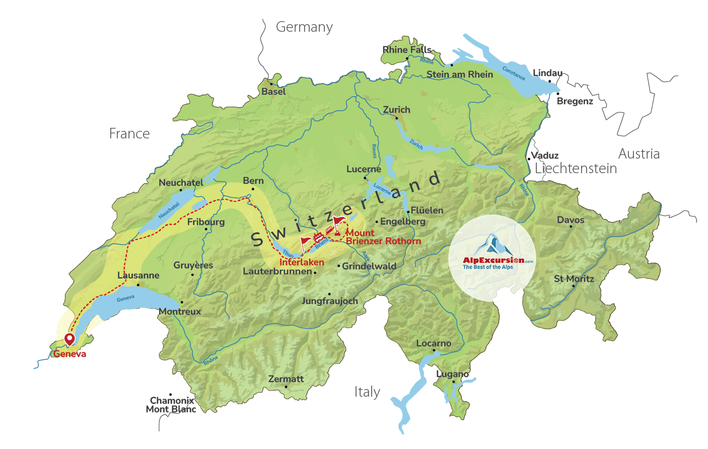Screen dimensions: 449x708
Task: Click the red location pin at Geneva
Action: tap(69, 339)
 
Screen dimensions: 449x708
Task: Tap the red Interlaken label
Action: tap(302, 262)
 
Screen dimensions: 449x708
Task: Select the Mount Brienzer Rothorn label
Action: tap(383, 237)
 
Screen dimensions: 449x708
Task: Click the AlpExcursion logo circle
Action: tap(492, 258)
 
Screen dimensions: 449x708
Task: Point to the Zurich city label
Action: tap(396, 110)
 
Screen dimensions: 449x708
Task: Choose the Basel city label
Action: tap(273, 92)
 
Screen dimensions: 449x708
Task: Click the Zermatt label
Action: tap(286, 379)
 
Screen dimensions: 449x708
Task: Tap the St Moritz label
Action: tap(574, 279)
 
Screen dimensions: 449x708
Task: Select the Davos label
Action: tap(571, 220)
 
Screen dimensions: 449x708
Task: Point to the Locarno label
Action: tap(434, 343)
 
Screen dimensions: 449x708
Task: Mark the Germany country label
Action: tap(304, 27)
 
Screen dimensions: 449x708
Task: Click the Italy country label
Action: tap(367, 392)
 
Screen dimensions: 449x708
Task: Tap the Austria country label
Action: tap(639, 154)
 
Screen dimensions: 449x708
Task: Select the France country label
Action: tap(129, 134)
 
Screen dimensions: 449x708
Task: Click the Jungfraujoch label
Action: tap(330, 301)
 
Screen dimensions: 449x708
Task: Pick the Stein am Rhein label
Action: tap(460, 74)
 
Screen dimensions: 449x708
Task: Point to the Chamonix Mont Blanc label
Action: tap(171, 405)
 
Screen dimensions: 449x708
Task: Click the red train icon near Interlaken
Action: tap(318, 237)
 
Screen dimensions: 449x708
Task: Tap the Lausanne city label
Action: tap(138, 275)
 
